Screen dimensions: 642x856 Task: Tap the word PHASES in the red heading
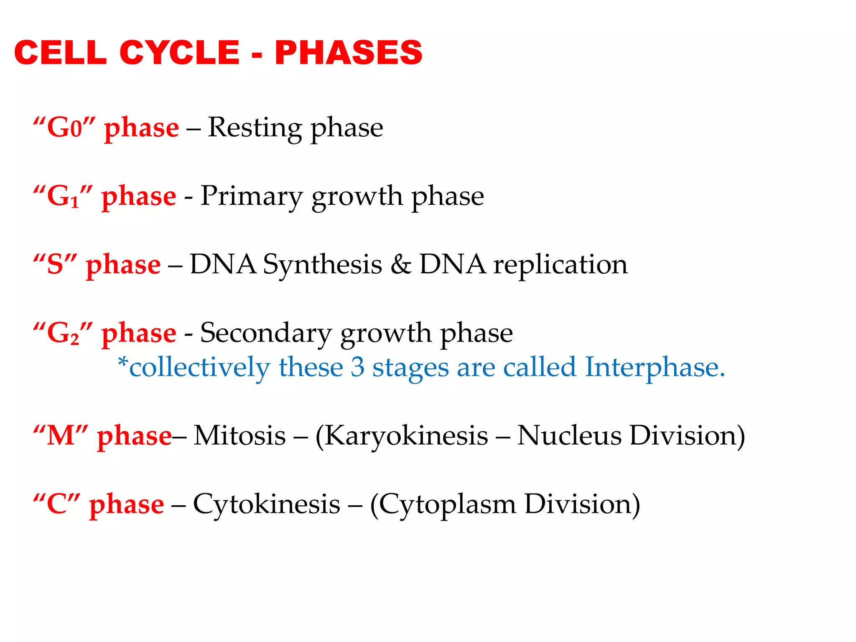click(349, 53)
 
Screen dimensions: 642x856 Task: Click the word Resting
click(254, 127)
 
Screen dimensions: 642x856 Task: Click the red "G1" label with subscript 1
click(63, 196)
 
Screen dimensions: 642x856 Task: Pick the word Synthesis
click(322, 265)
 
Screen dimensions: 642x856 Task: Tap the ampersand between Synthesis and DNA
click(401, 265)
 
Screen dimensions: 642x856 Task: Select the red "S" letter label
click(55, 265)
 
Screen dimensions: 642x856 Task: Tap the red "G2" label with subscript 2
click(63, 334)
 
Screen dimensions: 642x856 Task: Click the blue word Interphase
click(654, 368)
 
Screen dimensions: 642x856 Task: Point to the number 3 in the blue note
click(357, 368)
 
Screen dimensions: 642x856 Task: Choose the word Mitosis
click(240, 436)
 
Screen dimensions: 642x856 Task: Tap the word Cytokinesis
click(267, 504)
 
